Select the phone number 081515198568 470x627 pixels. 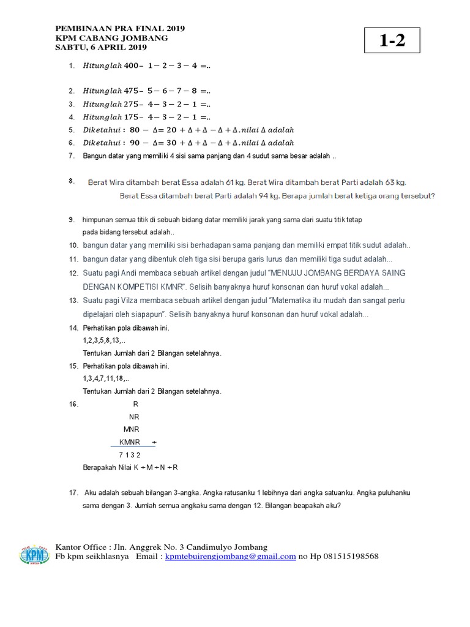[347, 557]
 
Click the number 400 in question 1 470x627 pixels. [132, 66]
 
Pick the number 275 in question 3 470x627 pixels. [132, 104]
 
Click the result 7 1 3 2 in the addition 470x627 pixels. [130, 455]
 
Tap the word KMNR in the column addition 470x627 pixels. [130, 442]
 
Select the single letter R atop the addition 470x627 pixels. [136, 404]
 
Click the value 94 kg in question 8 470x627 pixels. [272, 196]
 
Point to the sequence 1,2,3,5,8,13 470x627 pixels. [103, 340]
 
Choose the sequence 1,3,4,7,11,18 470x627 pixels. [106, 378]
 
